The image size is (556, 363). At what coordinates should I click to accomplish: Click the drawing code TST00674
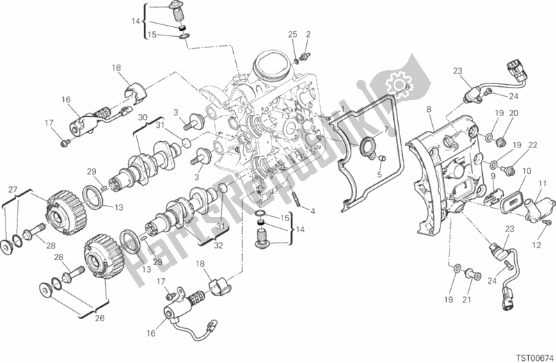(x=534, y=357)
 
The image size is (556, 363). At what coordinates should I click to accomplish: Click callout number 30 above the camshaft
(x=143, y=117)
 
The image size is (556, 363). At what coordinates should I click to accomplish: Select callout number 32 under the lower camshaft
(x=218, y=245)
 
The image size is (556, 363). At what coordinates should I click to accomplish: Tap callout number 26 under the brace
(x=100, y=318)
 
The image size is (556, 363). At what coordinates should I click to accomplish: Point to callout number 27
(x=13, y=190)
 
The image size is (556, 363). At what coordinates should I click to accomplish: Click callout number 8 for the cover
(x=429, y=110)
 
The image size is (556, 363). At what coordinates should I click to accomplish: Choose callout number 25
(x=292, y=34)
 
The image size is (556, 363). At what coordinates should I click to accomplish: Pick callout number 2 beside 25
(x=308, y=34)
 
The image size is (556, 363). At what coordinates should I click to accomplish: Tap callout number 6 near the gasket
(x=407, y=87)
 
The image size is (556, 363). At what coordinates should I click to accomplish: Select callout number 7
(x=386, y=129)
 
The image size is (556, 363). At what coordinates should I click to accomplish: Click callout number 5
(x=379, y=175)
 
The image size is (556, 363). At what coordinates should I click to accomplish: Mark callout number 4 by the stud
(x=312, y=211)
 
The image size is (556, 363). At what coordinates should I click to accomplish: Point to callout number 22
(x=532, y=145)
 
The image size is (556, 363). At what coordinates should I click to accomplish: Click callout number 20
(x=514, y=113)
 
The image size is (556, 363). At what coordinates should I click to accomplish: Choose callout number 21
(x=467, y=300)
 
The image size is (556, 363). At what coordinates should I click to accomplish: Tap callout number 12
(x=536, y=245)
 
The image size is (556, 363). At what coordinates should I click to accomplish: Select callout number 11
(x=542, y=184)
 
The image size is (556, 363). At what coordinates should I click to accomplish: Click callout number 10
(x=527, y=171)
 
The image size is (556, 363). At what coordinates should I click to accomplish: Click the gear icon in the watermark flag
(x=398, y=85)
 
